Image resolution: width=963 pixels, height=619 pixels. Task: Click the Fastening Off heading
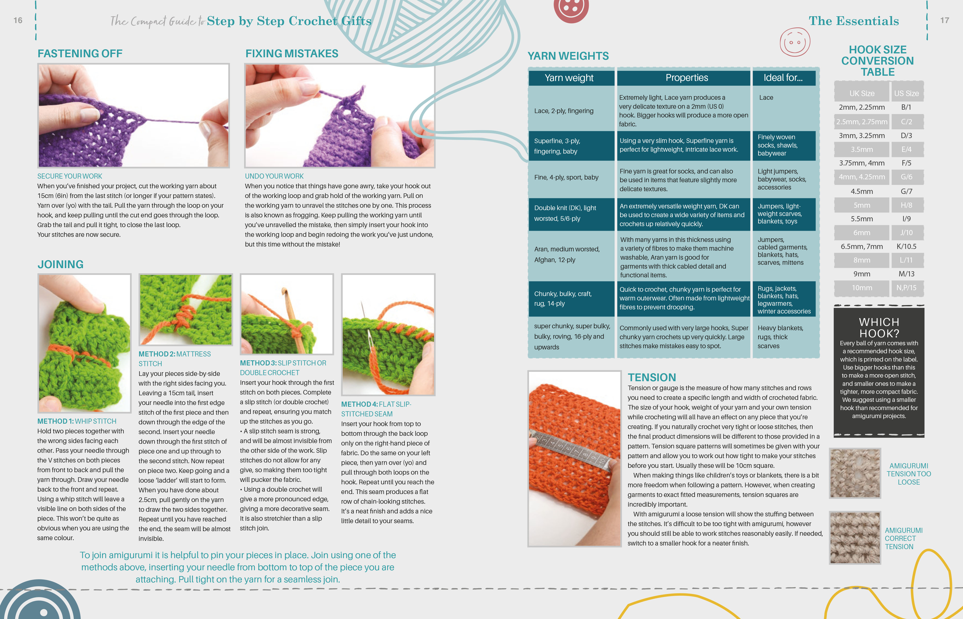(x=80, y=53)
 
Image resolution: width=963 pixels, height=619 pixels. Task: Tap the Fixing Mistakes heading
(x=292, y=53)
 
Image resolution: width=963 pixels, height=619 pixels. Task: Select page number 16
(x=18, y=20)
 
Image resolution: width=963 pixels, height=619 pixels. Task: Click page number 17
(x=945, y=20)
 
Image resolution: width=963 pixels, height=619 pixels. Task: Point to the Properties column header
(x=686, y=78)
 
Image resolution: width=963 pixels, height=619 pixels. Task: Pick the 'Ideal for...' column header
(x=783, y=78)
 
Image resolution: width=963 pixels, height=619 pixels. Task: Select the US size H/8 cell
(x=906, y=205)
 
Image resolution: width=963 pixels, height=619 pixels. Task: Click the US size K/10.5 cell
(x=906, y=246)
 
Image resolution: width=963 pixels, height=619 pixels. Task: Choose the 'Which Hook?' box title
(x=879, y=328)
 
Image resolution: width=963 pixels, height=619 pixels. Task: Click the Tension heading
(x=652, y=377)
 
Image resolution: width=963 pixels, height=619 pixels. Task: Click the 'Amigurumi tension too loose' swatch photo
(x=855, y=473)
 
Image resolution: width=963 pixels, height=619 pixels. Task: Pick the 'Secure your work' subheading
(x=70, y=176)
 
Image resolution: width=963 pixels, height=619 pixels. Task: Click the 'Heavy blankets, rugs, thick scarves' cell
(x=780, y=337)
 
